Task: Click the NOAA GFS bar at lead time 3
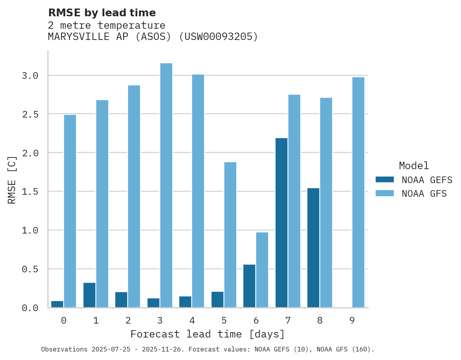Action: (x=166, y=185)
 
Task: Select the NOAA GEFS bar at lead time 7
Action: (x=281, y=223)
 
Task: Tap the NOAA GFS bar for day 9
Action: (x=358, y=192)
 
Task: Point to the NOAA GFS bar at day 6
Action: (x=262, y=270)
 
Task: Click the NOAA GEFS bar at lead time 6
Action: (x=249, y=286)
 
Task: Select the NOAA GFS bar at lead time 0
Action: (x=70, y=211)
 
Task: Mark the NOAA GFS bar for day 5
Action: (x=230, y=235)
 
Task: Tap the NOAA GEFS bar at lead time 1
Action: (x=89, y=295)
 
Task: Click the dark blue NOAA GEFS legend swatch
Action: (x=385, y=180)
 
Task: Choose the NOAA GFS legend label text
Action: (x=424, y=194)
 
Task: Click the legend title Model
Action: (x=414, y=166)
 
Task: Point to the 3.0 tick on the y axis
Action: (x=30, y=75)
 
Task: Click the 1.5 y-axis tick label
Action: (x=30, y=192)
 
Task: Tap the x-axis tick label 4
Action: (x=192, y=320)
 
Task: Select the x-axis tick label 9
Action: (x=352, y=320)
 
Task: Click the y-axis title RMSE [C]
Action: (x=12, y=180)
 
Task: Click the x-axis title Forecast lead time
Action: (x=208, y=334)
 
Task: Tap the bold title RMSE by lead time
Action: (x=102, y=13)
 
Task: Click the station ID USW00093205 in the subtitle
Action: (x=218, y=37)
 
